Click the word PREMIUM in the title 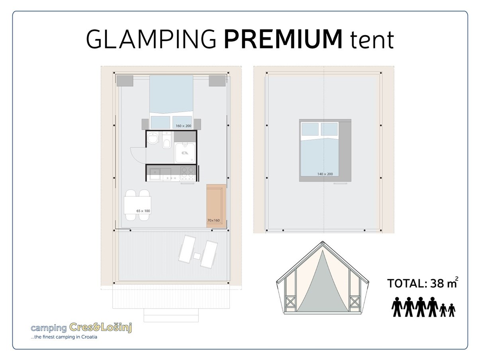[x=283, y=39]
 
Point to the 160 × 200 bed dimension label [x=183, y=126]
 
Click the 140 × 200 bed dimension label [x=325, y=174]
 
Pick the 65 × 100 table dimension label [x=143, y=211]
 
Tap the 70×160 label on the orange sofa [x=214, y=220]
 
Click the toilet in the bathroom [x=167, y=141]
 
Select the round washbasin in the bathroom [x=152, y=139]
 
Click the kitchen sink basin [x=155, y=172]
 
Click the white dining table [x=137, y=205]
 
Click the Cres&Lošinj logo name [x=100, y=327]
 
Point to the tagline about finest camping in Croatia [x=64, y=337]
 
